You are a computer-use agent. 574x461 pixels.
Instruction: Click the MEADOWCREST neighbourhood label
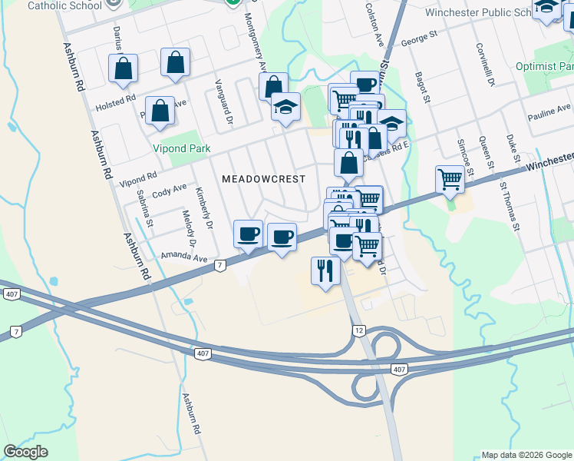[263, 178]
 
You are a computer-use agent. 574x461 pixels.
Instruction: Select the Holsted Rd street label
[115, 99]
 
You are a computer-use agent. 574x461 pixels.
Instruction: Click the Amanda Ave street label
[184, 257]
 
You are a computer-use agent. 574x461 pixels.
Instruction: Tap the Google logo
[26, 452]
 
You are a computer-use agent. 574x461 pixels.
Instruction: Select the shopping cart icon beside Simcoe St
[450, 180]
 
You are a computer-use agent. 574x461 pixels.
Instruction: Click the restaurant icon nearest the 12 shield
[326, 270]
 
